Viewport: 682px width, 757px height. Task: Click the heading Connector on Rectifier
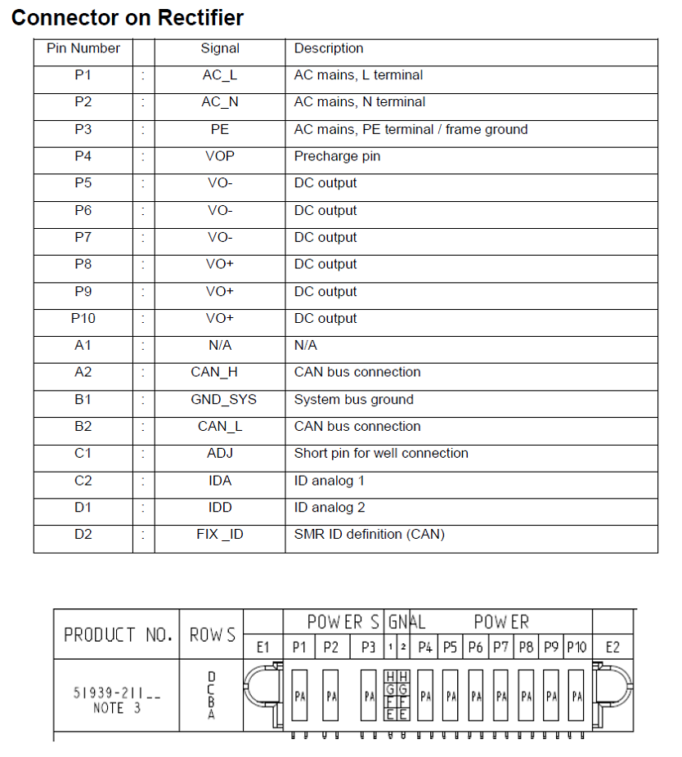[128, 18]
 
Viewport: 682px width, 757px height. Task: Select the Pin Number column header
[83, 49]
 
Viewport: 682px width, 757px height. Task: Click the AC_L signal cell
[220, 75]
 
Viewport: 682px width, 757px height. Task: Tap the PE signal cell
[220, 129]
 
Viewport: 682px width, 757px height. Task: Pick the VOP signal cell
[220, 156]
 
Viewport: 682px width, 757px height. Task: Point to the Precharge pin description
[337, 156]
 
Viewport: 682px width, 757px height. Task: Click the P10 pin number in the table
[83, 319]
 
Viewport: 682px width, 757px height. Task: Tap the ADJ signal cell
[220, 454]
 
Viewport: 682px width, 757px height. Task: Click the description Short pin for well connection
[381, 454]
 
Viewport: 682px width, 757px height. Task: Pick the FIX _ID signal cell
[220, 535]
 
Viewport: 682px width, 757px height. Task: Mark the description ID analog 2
[330, 508]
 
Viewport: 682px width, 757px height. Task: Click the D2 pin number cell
[83, 535]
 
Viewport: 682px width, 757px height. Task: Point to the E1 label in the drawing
[263, 647]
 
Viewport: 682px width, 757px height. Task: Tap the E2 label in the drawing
[612, 647]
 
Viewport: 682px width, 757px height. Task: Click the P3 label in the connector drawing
[369, 647]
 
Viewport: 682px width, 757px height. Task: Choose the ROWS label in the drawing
[212, 634]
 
